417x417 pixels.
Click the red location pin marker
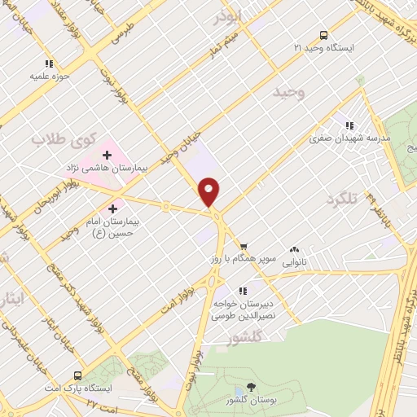tap(209, 191)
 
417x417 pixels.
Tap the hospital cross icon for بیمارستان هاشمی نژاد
tap(107, 155)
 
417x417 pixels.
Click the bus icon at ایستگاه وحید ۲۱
tap(324, 35)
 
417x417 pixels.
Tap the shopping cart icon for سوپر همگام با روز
tap(243, 246)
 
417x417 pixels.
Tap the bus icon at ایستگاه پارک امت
tap(77, 375)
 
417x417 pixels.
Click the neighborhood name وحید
tap(289, 94)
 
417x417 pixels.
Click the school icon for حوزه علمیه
tap(49, 63)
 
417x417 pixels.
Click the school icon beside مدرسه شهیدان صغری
tap(349, 125)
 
